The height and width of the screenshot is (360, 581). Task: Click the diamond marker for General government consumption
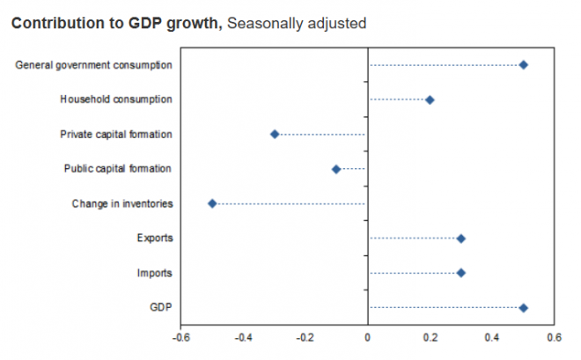tap(523, 65)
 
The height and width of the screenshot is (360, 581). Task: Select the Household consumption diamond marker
tap(430, 99)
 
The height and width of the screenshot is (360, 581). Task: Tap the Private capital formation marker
tap(275, 134)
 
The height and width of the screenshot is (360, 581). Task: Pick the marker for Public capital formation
tap(336, 169)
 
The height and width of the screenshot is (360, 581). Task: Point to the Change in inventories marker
tap(212, 203)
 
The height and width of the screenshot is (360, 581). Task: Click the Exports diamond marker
tap(460, 239)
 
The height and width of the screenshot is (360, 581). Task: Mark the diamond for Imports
tap(460, 273)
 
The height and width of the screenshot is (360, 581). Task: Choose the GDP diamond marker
tap(523, 308)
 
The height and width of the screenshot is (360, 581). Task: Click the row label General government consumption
tap(94, 65)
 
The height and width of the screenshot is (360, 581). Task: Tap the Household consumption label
tap(116, 99)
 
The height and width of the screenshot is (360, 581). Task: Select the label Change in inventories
tap(122, 204)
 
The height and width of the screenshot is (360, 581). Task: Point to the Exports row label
tap(155, 239)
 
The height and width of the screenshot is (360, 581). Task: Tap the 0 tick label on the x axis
tap(367, 337)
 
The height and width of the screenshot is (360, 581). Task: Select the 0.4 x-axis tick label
tap(491, 337)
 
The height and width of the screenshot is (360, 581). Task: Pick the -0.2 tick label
tap(305, 337)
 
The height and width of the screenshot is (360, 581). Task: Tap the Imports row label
tap(155, 274)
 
